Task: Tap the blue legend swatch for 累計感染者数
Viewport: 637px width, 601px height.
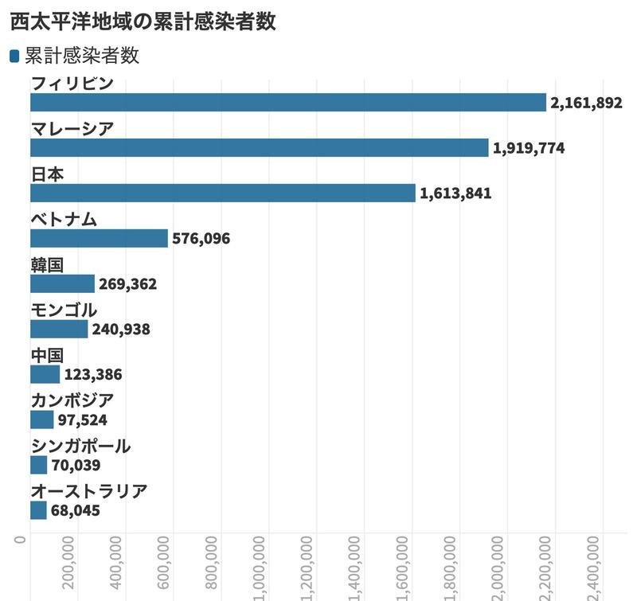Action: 14,56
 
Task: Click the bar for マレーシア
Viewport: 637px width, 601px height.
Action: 259,148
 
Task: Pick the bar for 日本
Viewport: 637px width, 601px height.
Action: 223,193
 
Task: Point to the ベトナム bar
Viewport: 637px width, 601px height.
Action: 99,239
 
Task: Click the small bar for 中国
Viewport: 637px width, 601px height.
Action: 45,374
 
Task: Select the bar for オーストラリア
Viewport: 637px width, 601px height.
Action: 38,510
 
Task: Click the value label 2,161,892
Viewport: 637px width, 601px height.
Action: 586,103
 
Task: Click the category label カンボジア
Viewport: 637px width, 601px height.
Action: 72,400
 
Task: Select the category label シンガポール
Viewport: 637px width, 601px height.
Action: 80,446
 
